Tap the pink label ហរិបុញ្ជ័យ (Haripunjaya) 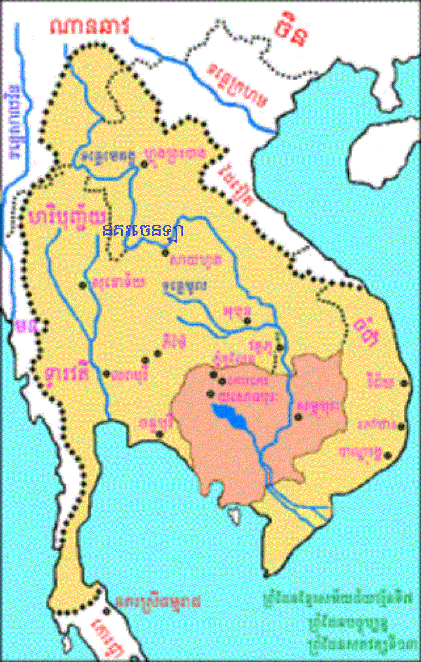coord(68,216)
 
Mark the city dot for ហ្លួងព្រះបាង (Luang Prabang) coord(144,163)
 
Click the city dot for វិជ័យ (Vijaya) coord(405,382)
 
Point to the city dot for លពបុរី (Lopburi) coord(106,373)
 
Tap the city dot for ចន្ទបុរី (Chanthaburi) coord(159,433)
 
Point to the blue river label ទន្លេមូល coord(186,285)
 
